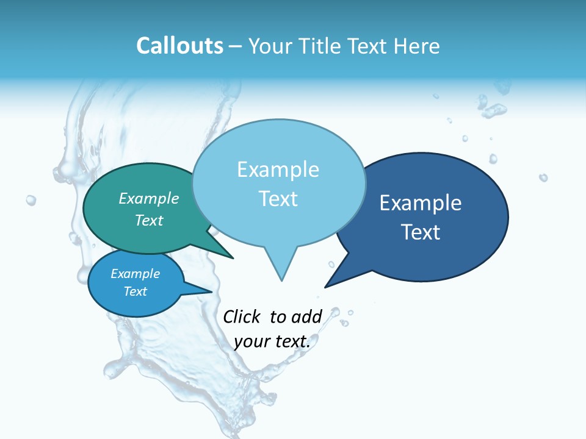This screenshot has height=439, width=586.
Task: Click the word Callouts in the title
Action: point(179,46)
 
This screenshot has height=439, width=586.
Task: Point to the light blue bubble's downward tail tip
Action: point(281,280)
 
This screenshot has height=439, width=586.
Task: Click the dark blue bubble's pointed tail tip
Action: point(325,287)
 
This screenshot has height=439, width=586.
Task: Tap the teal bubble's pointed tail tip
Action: point(233,258)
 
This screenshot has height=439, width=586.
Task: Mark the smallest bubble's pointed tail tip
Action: point(211,291)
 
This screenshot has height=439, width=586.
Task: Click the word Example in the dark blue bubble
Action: point(421,203)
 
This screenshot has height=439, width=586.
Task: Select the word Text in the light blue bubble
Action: point(278,199)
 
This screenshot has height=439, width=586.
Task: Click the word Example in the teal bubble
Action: point(149,199)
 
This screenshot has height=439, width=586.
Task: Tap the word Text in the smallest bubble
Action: point(136,291)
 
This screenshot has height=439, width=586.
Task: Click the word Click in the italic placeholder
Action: point(242,316)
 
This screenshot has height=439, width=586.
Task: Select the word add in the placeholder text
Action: point(306,317)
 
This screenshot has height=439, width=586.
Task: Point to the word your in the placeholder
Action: point(251,341)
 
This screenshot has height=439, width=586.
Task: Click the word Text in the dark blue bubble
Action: point(421,232)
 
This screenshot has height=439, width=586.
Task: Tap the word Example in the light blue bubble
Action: point(278,170)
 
